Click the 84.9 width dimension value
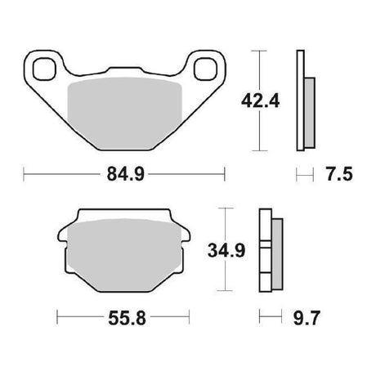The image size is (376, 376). tap(126, 174)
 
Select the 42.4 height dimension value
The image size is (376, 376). tap(260, 101)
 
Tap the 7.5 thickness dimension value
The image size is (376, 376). tap(339, 174)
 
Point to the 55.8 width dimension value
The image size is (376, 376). tap(127, 318)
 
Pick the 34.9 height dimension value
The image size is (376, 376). tap(226, 250)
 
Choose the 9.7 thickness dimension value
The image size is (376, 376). tap(306, 318)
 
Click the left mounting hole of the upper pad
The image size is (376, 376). tap(44, 69)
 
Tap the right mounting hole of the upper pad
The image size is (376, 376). tap(206, 69)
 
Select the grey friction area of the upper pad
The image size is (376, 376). tap(124, 114)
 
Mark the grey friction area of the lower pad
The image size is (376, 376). tap(124, 255)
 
